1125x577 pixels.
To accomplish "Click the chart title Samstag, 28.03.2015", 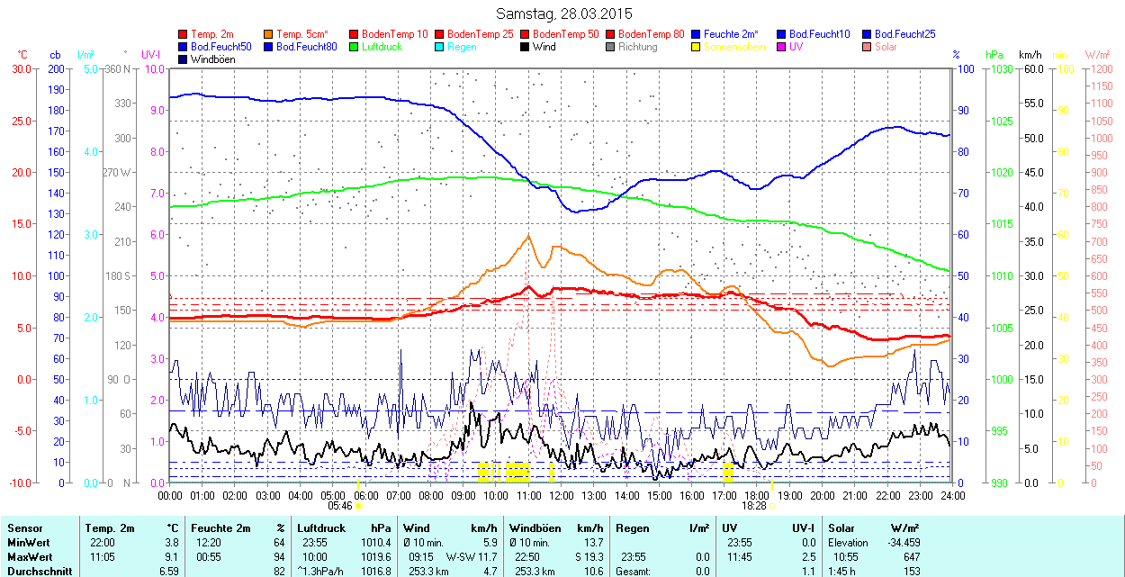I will [x=564, y=14].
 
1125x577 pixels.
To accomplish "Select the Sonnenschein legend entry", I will [x=729, y=47].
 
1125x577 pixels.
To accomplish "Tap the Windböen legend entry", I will [x=206, y=59].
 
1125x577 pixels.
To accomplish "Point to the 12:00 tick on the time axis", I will [x=562, y=495].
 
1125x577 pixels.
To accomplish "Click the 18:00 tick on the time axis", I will [x=757, y=495].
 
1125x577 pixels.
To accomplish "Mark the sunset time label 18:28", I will [x=754, y=506].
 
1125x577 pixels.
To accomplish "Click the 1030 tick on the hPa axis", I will [x=999, y=69].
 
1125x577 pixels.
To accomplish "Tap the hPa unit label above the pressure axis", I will [x=994, y=55].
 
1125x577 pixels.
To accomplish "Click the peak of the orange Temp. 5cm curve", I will [x=528, y=236].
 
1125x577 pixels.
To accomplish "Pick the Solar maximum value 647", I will [x=911, y=557].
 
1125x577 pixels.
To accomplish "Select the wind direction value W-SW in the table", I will [x=461, y=557].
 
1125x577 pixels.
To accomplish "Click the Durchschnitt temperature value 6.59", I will [x=168, y=571].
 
